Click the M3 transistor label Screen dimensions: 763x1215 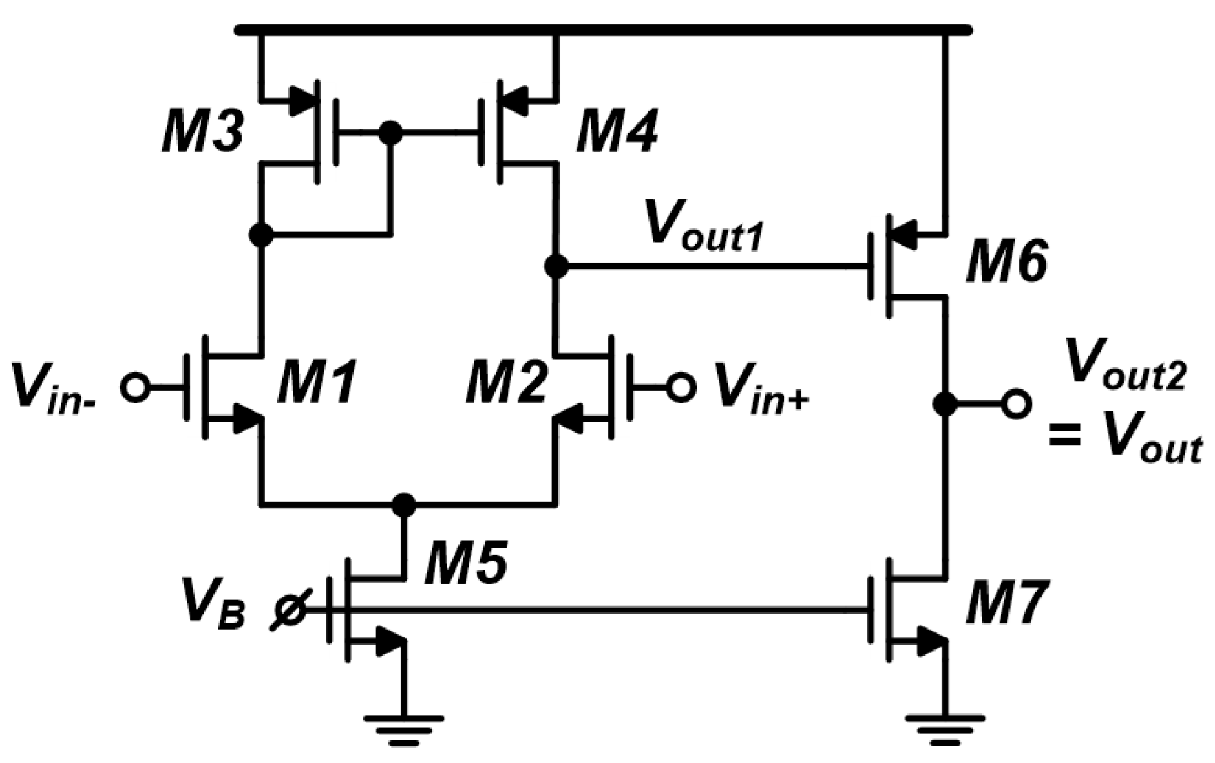(202, 132)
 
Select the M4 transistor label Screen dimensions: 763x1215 (617, 132)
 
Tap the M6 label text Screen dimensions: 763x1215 (1006, 264)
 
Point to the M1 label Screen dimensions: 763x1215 (317, 383)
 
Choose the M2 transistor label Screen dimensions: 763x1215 (507, 383)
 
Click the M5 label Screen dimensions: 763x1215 (466, 562)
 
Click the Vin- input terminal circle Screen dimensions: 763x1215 (134, 387)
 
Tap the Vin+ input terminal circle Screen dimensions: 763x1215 (681, 387)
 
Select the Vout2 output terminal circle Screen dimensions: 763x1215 (1016, 404)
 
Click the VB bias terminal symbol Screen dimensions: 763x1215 (290, 610)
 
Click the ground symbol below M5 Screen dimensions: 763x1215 (403, 729)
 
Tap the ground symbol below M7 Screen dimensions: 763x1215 (945, 729)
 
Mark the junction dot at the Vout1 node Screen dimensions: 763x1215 (556, 266)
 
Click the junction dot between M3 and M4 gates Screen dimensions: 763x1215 (390, 133)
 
